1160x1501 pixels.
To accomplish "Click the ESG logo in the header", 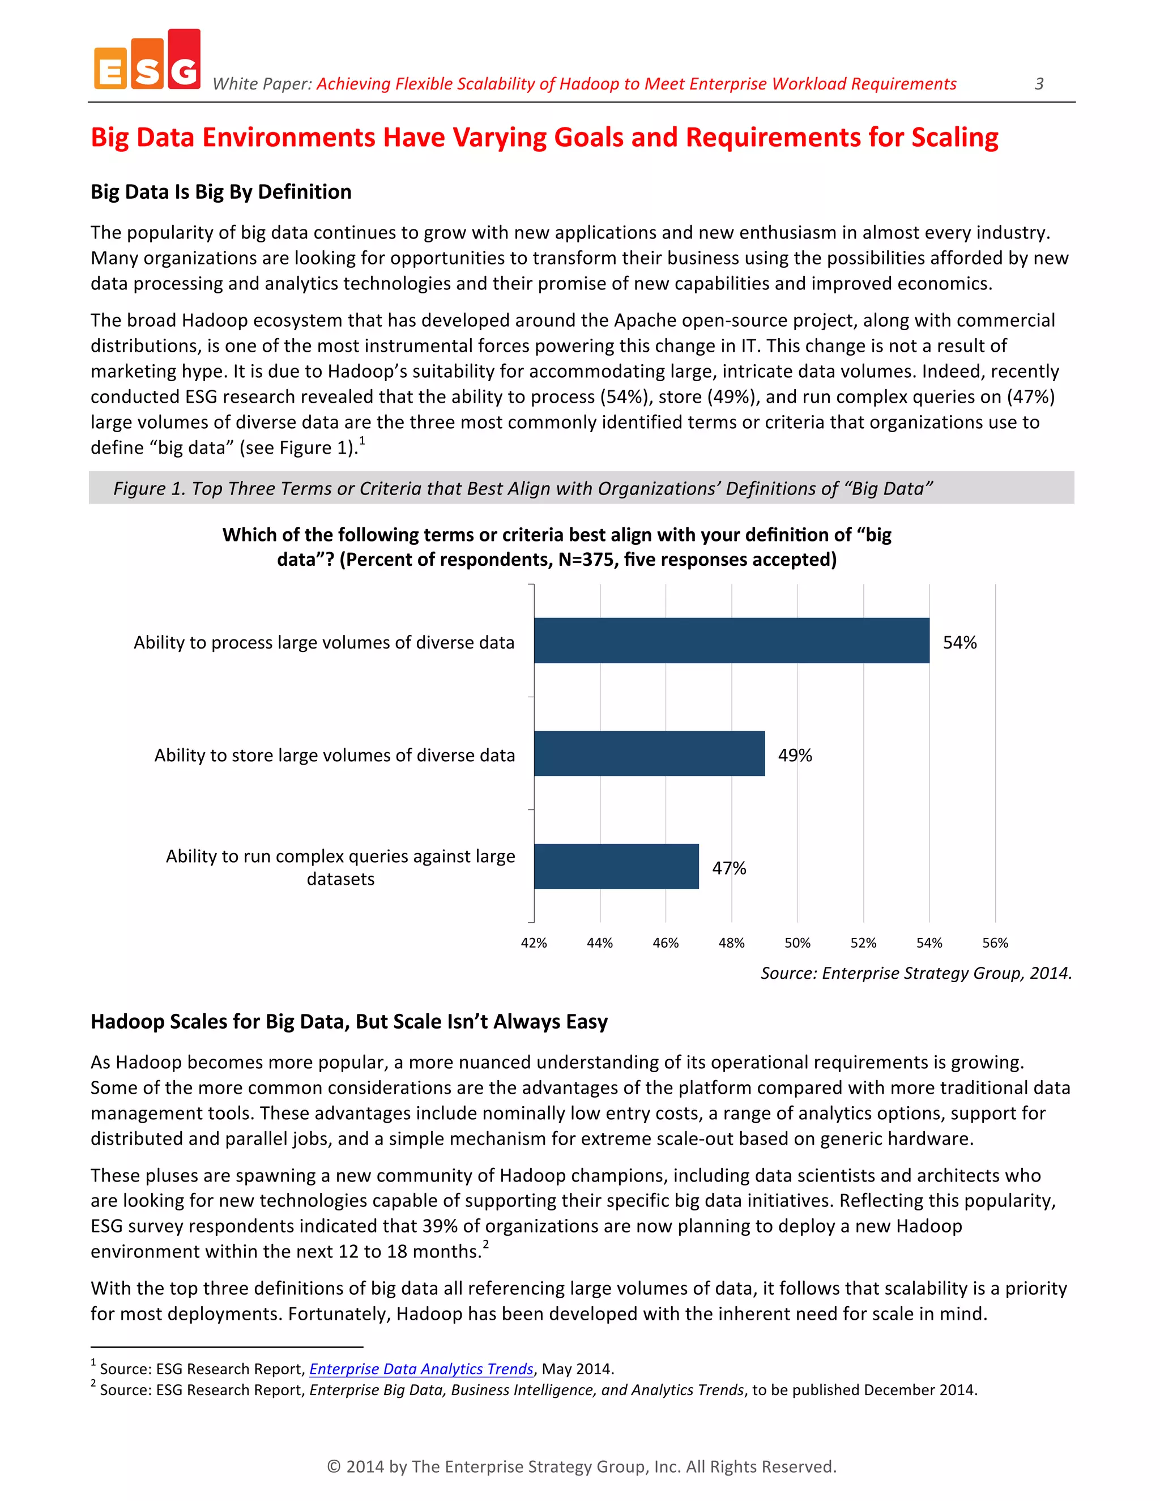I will [x=147, y=61].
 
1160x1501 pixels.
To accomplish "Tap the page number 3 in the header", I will [x=1038, y=84].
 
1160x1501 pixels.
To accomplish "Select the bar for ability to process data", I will [x=731, y=641].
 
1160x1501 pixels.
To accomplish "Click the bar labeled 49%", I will [x=649, y=754].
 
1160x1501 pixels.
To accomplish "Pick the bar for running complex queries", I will [x=616, y=867].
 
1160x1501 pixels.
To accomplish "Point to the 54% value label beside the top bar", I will [x=959, y=643].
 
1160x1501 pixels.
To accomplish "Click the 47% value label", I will [x=728, y=868].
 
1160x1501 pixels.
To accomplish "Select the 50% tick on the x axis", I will [x=797, y=943].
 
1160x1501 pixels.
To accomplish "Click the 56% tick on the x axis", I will [x=995, y=943].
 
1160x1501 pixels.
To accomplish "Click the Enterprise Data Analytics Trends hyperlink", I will [x=421, y=1368].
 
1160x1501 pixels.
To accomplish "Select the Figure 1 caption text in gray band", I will [x=522, y=489].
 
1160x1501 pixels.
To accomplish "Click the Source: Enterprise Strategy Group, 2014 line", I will [x=915, y=973].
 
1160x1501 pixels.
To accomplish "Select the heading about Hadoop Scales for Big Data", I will [x=349, y=1022].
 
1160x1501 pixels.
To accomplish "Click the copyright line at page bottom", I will [x=581, y=1466].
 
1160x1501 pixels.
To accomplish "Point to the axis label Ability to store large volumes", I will [x=334, y=755].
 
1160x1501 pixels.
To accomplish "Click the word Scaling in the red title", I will [x=954, y=138].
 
